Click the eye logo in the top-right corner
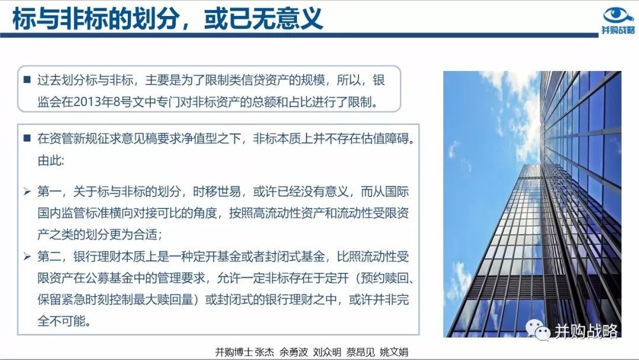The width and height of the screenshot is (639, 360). (x=618, y=15)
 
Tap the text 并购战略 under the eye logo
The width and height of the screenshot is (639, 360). (x=618, y=30)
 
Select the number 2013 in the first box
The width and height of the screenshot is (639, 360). (x=86, y=102)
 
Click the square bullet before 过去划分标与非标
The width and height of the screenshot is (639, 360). (x=27, y=79)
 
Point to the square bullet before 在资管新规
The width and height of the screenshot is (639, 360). (x=27, y=138)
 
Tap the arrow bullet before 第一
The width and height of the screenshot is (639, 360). (x=27, y=191)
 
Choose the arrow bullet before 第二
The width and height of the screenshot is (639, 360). (x=27, y=256)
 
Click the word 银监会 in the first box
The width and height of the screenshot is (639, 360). (x=211, y=91)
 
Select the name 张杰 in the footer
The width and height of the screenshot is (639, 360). (x=264, y=352)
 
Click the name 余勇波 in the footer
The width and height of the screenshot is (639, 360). (x=294, y=352)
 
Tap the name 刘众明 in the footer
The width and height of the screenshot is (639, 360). (x=327, y=352)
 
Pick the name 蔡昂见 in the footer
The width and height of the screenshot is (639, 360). (x=361, y=352)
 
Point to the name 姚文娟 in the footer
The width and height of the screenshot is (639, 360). (x=394, y=352)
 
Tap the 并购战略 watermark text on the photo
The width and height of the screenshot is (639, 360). (x=586, y=332)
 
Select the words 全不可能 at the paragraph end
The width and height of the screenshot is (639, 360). (x=62, y=322)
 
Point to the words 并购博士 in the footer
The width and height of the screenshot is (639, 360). (x=234, y=352)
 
